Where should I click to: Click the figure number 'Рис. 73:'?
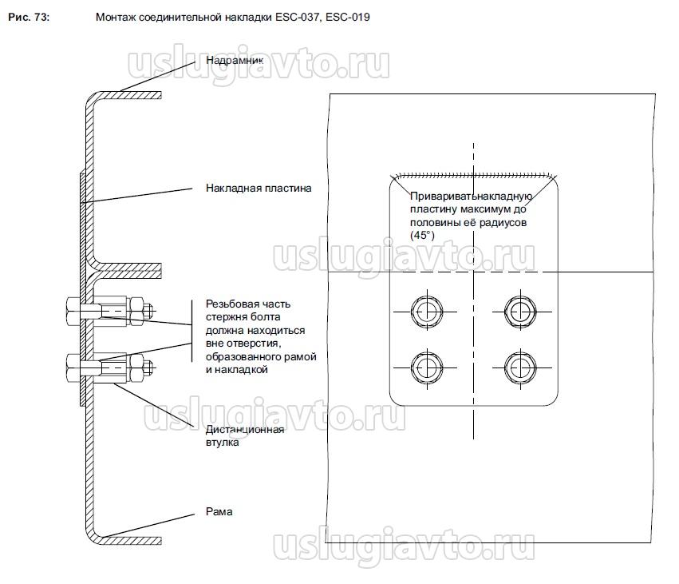pyautogui.click(x=28, y=16)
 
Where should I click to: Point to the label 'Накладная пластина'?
pyautogui.click(x=258, y=189)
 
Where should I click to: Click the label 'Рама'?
pyautogui.click(x=219, y=511)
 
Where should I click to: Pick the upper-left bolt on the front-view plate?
pyautogui.click(x=423, y=308)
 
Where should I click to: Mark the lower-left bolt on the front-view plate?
pyautogui.click(x=423, y=367)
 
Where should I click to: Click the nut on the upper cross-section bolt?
pyautogui.click(x=136, y=308)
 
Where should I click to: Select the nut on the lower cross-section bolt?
pyautogui.click(x=136, y=367)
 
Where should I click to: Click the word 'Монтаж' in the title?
pyautogui.click(x=114, y=16)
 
